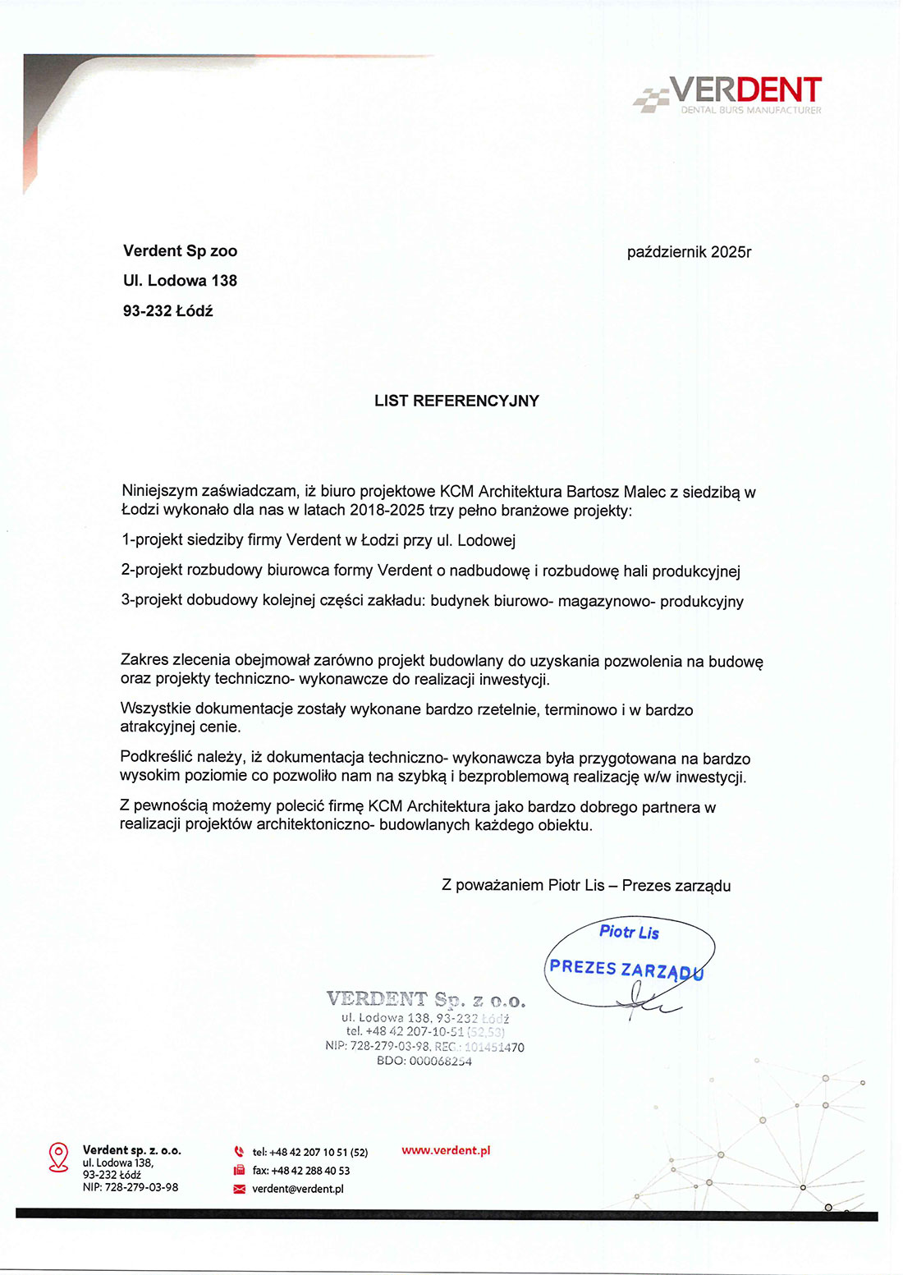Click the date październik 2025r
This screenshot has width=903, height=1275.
[x=689, y=252]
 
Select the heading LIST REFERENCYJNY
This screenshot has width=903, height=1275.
[x=456, y=401]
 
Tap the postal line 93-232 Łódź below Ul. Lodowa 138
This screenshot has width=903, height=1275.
[x=167, y=311]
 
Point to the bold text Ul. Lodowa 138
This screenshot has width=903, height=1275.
[x=180, y=281]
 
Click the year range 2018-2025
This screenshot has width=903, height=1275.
[x=387, y=511]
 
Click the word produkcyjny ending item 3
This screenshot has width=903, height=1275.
[x=702, y=602]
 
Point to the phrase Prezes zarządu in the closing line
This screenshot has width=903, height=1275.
[x=676, y=886]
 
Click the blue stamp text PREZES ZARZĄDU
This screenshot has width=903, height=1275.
[x=626, y=970]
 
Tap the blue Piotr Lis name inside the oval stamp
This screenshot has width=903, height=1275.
[x=629, y=933]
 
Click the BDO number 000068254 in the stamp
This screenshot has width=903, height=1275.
[x=440, y=1062]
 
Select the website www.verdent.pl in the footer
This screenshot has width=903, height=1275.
[x=446, y=1151]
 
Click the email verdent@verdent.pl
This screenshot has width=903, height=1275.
[x=298, y=1189]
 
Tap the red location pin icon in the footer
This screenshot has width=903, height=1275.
[x=58, y=1157]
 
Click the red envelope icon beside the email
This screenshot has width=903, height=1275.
[x=240, y=1189]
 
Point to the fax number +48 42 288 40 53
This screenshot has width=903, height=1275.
[x=310, y=1171]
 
